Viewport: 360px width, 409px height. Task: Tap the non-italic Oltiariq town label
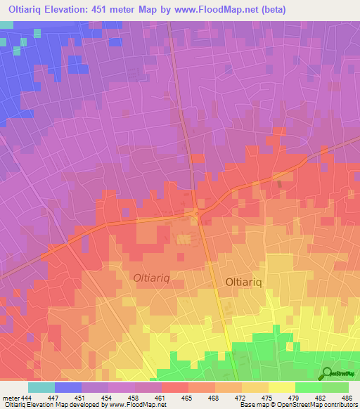(245, 282)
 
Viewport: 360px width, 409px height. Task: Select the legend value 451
(83, 398)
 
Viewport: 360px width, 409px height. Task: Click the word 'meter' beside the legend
(11, 398)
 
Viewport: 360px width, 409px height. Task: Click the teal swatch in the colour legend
(41, 387)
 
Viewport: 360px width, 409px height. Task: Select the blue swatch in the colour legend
(68, 387)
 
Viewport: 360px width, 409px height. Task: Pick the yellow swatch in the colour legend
(282, 387)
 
